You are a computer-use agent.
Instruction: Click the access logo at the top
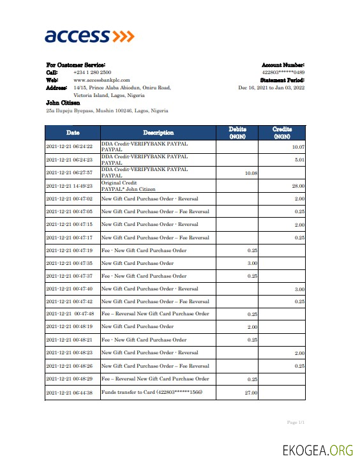pos(89,36)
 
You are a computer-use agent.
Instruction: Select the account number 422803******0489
pos(283,73)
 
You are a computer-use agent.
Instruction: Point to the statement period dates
pos(271,87)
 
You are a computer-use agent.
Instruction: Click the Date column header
pos(73,133)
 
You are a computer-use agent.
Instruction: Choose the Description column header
pos(158,133)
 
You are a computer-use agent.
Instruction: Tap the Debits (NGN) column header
pos(237,133)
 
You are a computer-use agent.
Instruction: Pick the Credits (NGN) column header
pos(282,133)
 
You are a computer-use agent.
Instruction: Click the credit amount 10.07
pos(297,147)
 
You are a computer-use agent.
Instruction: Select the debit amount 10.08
pos(251,173)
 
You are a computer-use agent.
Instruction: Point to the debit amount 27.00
pos(251,393)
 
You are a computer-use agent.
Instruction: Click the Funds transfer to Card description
pos(151,393)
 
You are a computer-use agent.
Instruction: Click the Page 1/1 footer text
pos(296,423)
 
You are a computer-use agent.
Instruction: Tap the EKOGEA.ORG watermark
pos(317,451)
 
